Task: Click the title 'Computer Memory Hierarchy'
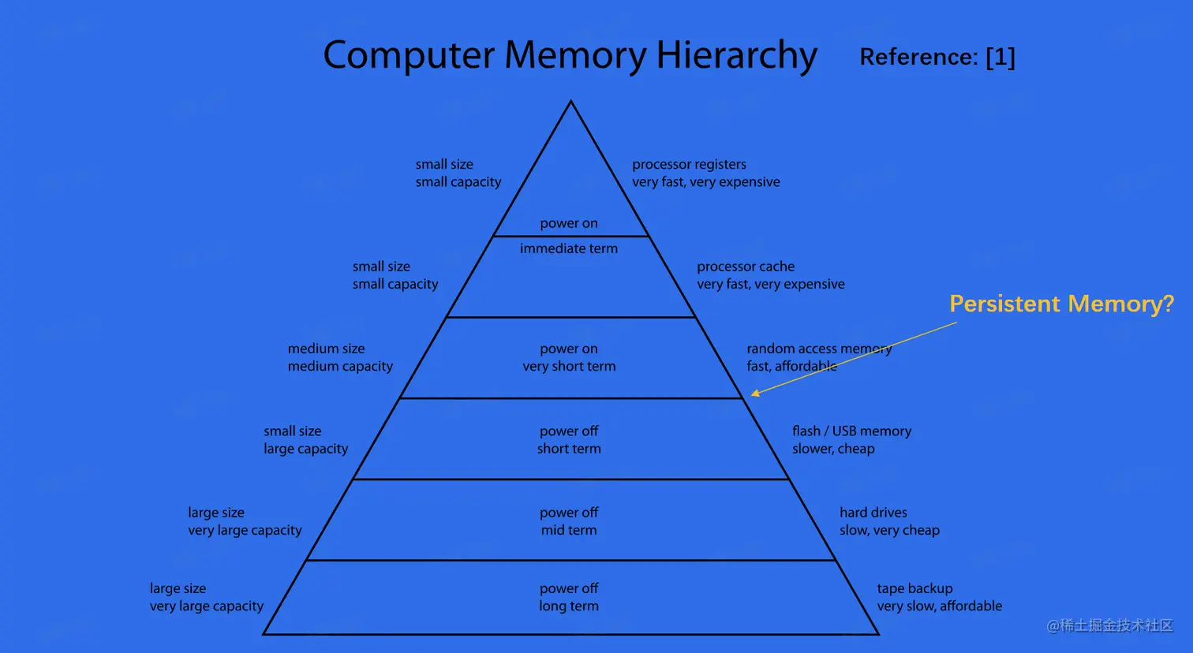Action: [x=570, y=56]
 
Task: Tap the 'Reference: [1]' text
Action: [x=937, y=57]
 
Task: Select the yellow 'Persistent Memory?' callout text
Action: [x=1061, y=304]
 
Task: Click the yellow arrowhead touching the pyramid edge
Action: [x=755, y=393]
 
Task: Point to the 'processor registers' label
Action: [x=689, y=164]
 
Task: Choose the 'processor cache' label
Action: [x=746, y=267]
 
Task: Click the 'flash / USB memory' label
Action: [x=851, y=431]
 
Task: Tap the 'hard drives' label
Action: [x=873, y=513]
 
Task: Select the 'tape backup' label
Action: [x=914, y=588]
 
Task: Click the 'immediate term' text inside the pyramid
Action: [x=569, y=248]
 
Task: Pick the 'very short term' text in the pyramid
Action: [x=569, y=366]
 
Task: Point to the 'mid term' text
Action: [x=569, y=530]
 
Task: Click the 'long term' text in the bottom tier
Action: [x=569, y=606]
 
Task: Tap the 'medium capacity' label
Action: [x=340, y=366]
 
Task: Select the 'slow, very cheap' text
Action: [x=889, y=530]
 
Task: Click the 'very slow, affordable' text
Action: [x=939, y=606]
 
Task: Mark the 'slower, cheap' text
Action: [x=833, y=449]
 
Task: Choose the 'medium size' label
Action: [x=326, y=349]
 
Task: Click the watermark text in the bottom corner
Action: [x=1109, y=625]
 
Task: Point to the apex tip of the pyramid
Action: [x=570, y=103]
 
